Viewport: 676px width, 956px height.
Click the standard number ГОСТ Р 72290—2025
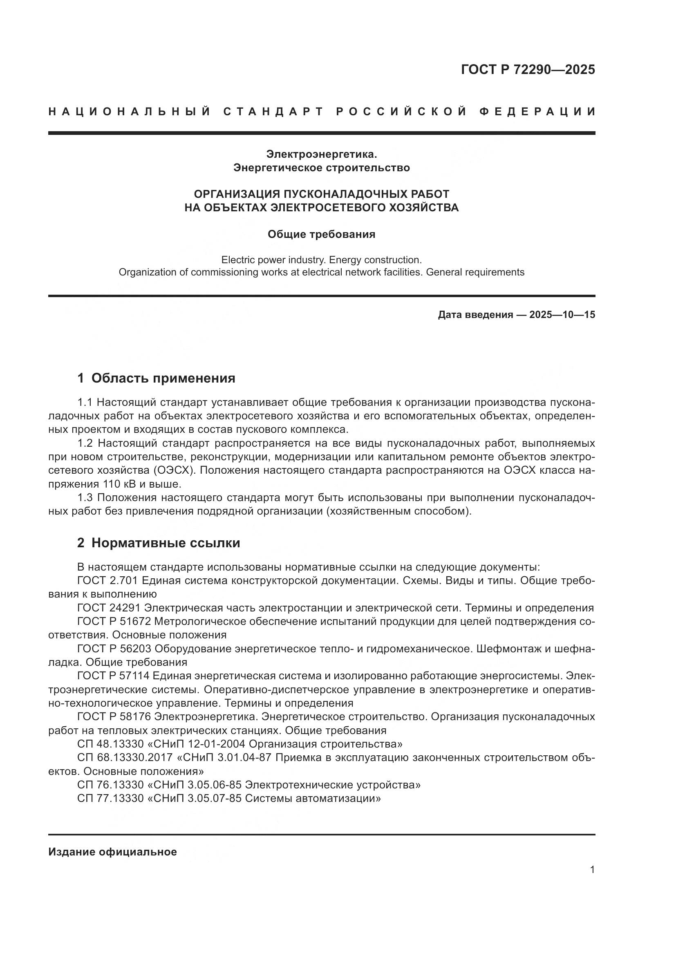click(528, 69)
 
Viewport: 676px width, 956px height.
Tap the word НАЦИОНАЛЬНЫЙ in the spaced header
click(130, 112)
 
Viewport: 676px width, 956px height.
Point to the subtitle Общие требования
click(321, 235)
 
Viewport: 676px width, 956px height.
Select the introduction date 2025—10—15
click(562, 315)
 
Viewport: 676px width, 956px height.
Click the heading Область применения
click(163, 378)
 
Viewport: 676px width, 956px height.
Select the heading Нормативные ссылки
click(166, 543)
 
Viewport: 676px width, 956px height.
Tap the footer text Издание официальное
click(112, 852)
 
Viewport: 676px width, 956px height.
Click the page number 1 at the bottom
click(592, 870)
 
